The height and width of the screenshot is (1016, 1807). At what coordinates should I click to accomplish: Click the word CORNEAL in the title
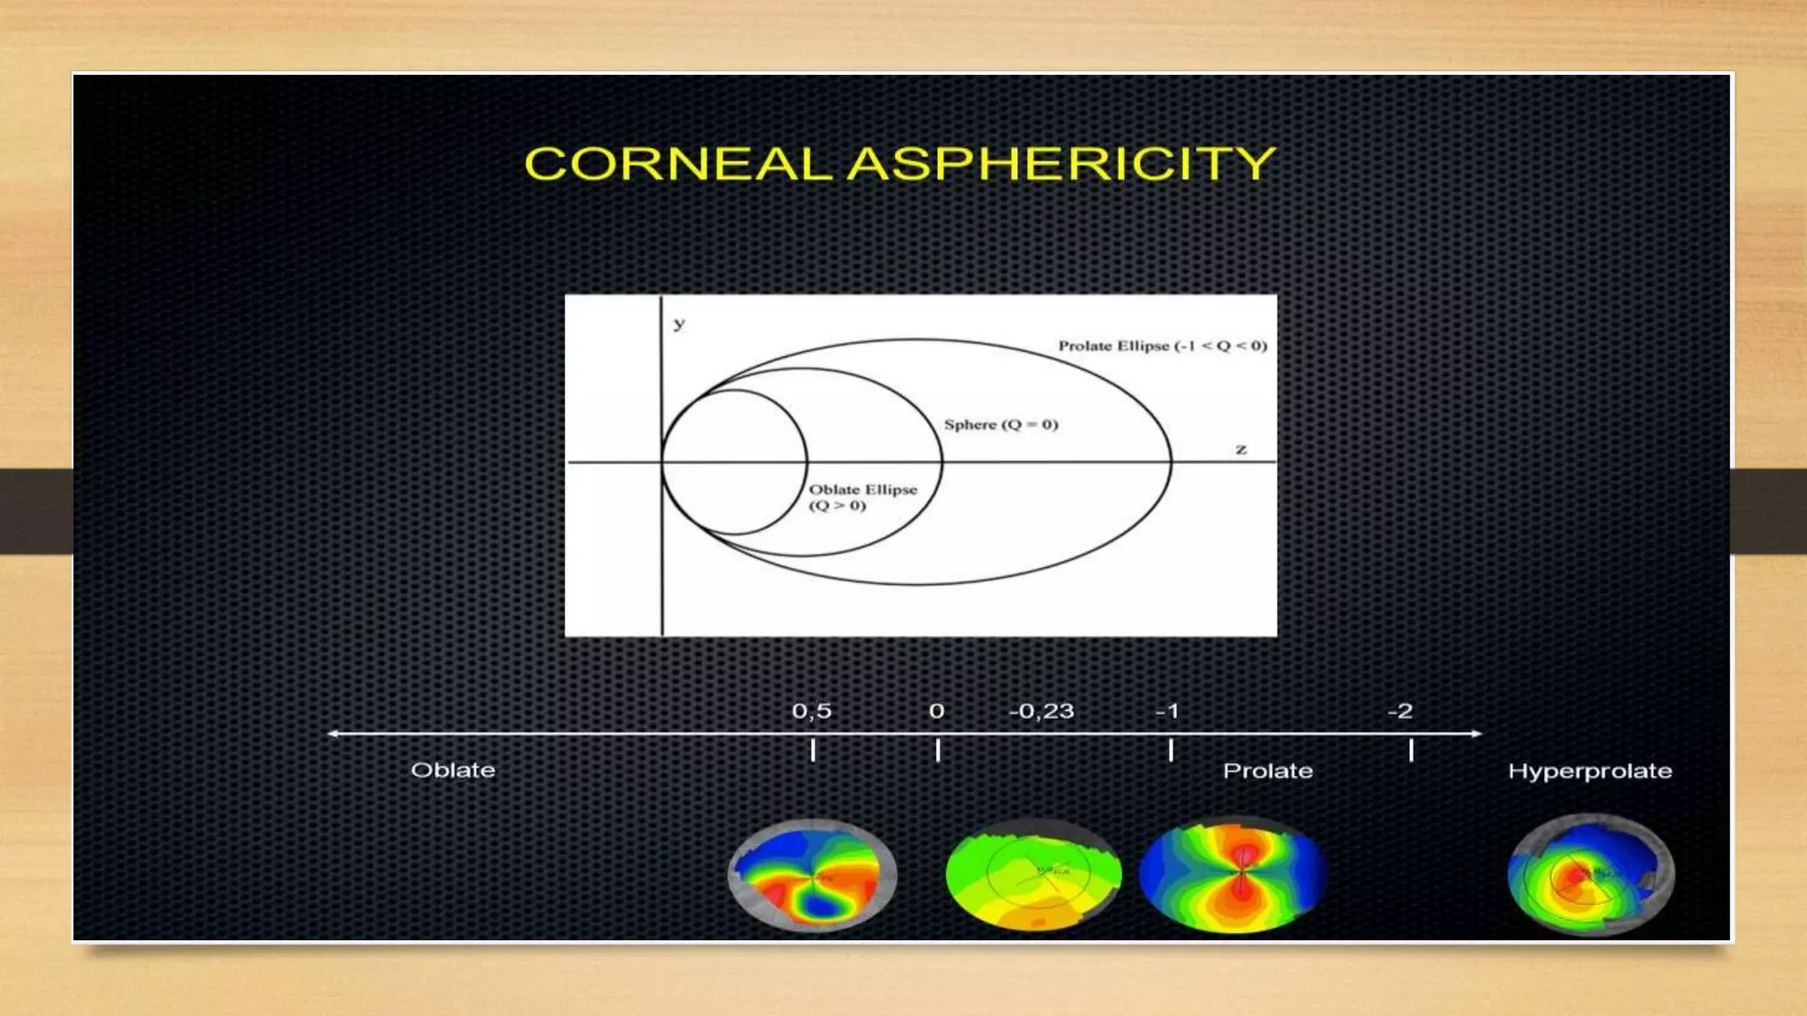[x=678, y=164]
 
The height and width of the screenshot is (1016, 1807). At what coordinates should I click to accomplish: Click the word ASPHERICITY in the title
[x=1061, y=164]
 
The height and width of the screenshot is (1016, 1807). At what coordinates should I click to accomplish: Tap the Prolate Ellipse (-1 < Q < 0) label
[x=1162, y=346]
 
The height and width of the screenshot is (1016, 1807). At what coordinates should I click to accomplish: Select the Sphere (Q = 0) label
[x=1001, y=424]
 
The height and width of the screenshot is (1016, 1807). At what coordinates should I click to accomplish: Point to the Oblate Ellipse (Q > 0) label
[x=862, y=497]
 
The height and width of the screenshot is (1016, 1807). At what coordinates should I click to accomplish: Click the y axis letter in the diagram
[x=679, y=324]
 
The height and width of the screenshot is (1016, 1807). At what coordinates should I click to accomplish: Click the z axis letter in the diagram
[x=1241, y=450]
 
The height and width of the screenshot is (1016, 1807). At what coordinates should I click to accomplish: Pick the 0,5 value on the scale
[x=812, y=711]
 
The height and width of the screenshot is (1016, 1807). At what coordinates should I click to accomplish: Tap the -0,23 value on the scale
[x=1041, y=711]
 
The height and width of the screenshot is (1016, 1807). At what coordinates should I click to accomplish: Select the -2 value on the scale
[x=1400, y=711]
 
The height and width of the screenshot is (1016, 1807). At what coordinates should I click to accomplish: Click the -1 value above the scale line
[x=1167, y=711]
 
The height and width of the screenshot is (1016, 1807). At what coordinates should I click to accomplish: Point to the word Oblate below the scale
[x=453, y=770]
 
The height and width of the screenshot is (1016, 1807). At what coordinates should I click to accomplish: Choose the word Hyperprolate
[x=1589, y=771]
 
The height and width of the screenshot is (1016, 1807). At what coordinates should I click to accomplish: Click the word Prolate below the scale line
[x=1267, y=771]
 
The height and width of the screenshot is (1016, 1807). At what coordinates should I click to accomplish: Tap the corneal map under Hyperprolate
[x=1590, y=875]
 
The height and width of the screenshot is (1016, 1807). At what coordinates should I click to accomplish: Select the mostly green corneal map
[x=1033, y=875]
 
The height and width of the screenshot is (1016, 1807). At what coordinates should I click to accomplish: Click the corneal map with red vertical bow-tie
[x=1233, y=875]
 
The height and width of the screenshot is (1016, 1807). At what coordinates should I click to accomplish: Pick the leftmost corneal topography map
[x=812, y=875]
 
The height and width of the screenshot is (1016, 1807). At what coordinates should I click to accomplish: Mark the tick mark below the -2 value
[x=1411, y=751]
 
